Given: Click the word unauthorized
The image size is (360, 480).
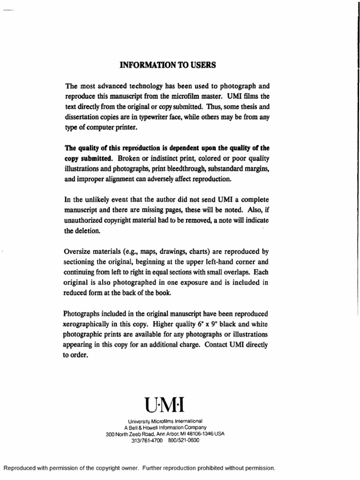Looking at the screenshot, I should [x=84, y=221].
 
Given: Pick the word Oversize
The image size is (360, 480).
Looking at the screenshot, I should [x=77, y=251].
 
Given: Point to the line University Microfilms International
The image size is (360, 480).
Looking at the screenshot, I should [x=165, y=421].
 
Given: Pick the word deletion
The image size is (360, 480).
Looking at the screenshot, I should [x=87, y=231].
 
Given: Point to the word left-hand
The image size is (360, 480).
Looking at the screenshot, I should [x=215, y=262].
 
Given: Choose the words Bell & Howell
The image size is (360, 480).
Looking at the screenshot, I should [x=143, y=427].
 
